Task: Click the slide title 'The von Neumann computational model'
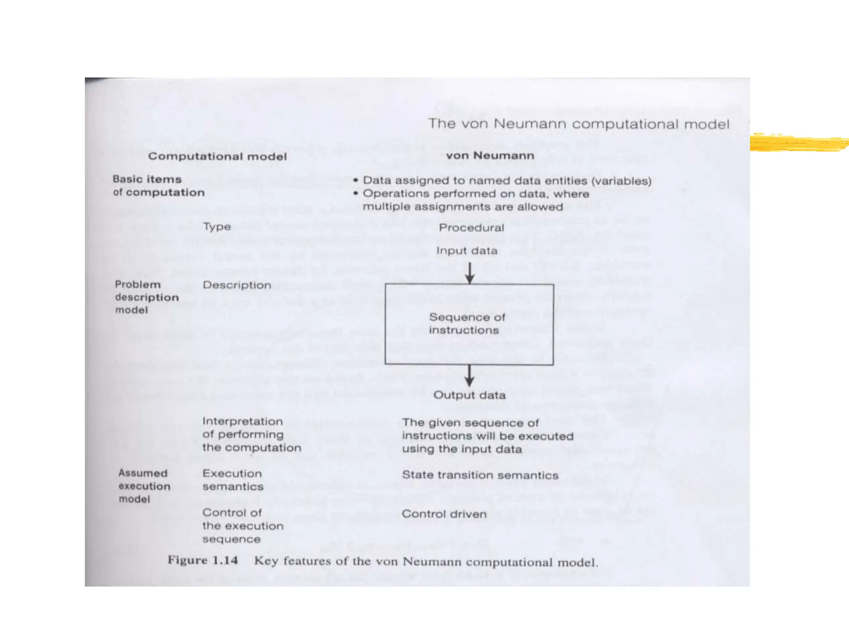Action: pyautogui.click(x=579, y=124)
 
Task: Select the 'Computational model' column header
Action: pyautogui.click(x=217, y=157)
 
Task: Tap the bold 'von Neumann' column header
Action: pyautogui.click(x=490, y=156)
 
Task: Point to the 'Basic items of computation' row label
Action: pyautogui.click(x=158, y=186)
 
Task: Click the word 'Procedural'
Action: pyautogui.click(x=471, y=228)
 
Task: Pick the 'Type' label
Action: pyautogui.click(x=217, y=227)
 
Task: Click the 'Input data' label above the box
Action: pyautogui.click(x=467, y=251)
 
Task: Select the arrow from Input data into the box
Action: pyautogui.click(x=469, y=273)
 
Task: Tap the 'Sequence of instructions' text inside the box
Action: pyautogui.click(x=467, y=323)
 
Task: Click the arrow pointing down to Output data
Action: pyautogui.click(x=469, y=376)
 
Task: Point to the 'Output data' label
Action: pyautogui.click(x=469, y=395)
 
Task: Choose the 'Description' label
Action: pyautogui.click(x=237, y=285)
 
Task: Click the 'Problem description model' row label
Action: pyautogui.click(x=147, y=297)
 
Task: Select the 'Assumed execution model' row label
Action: pyautogui.click(x=144, y=486)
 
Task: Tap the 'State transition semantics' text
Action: pyautogui.click(x=480, y=475)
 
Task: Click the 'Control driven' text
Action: pyautogui.click(x=444, y=514)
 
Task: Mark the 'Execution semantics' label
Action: pyautogui.click(x=233, y=480)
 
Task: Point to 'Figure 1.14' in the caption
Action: pyautogui.click(x=203, y=561)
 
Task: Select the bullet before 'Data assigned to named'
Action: pyautogui.click(x=356, y=181)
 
